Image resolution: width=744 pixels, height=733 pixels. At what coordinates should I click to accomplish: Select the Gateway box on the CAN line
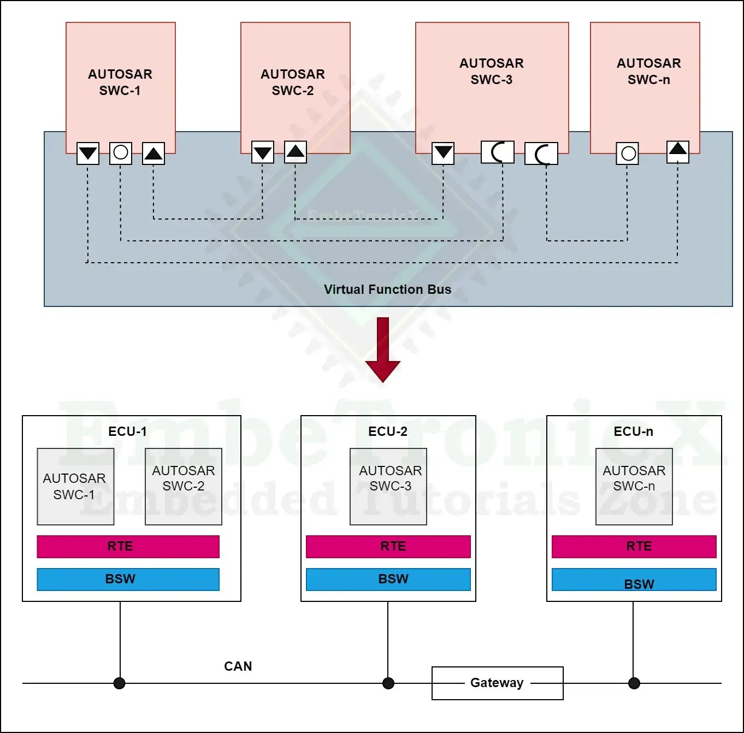click(x=497, y=683)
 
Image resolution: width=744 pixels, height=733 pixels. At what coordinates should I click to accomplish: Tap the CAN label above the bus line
click(x=238, y=666)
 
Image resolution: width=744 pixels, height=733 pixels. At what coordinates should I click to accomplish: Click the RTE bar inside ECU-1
click(x=128, y=546)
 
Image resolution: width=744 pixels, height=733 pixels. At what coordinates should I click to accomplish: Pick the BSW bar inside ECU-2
click(x=388, y=579)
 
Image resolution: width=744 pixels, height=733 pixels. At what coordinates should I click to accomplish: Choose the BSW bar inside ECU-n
click(x=634, y=580)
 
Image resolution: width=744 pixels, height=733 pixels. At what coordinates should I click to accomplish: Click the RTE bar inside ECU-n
click(x=634, y=546)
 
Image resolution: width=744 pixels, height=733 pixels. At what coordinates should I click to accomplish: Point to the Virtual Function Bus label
click(x=387, y=289)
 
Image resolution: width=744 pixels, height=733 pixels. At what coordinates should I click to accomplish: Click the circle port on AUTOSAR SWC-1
click(x=121, y=152)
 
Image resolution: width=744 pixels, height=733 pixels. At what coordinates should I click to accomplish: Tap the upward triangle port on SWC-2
click(x=296, y=152)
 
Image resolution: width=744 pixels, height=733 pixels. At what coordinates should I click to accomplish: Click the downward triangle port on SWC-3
click(x=443, y=153)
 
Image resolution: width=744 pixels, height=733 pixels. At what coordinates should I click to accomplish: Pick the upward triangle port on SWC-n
click(x=678, y=151)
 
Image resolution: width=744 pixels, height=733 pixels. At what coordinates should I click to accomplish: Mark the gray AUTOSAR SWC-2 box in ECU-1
click(x=184, y=486)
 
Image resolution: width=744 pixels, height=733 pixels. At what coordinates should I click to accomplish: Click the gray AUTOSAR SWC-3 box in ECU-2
click(x=388, y=486)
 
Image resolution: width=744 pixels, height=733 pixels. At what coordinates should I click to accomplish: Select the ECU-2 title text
click(x=388, y=431)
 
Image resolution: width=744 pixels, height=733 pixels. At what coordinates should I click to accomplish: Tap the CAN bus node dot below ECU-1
click(x=120, y=683)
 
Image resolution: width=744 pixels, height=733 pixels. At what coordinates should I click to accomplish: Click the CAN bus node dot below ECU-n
click(x=634, y=683)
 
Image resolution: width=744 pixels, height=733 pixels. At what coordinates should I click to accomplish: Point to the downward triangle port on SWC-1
click(x=88, y=153)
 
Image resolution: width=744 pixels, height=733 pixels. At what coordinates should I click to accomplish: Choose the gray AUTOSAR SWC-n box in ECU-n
click(x=634, y=486)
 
